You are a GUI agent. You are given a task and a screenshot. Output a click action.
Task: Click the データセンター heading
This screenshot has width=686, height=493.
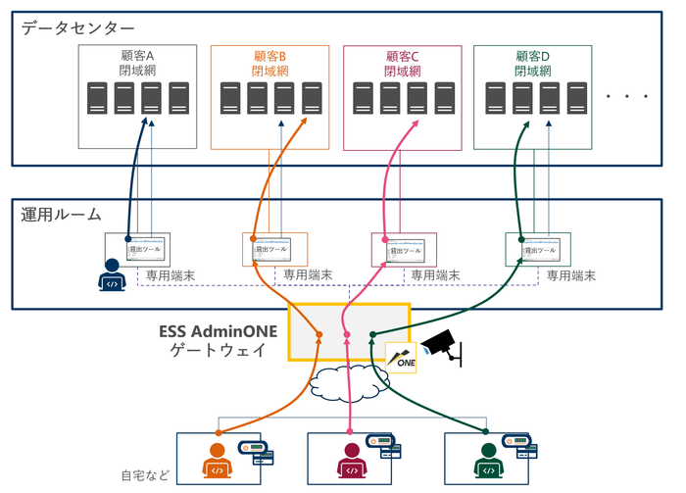(x=78, y=28)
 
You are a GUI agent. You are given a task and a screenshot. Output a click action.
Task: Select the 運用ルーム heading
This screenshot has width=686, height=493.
(x=62, y=214)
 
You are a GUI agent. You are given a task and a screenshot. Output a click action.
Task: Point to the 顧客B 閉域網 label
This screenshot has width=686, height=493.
(x=271, y=64)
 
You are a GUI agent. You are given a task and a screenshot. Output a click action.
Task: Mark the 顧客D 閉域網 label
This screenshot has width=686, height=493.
(x=533, y=64)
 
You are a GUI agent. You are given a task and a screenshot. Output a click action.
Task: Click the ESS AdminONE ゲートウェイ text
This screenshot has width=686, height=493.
(x=219, y=340)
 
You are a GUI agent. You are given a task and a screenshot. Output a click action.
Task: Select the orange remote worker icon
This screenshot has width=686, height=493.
(x=220, y=460)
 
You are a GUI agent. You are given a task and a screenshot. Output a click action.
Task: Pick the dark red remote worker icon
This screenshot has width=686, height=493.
(x=351, y=460)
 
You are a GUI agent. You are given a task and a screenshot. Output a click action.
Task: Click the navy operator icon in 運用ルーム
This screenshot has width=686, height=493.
(x=113, y=277)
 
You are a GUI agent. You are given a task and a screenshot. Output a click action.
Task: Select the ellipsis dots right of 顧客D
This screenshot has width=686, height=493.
(x=627, y=96)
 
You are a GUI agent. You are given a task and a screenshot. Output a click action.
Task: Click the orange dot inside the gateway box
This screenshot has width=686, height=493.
(x=319, y=335)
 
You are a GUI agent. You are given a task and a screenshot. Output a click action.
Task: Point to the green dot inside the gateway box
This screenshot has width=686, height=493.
(x=372, y=335)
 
